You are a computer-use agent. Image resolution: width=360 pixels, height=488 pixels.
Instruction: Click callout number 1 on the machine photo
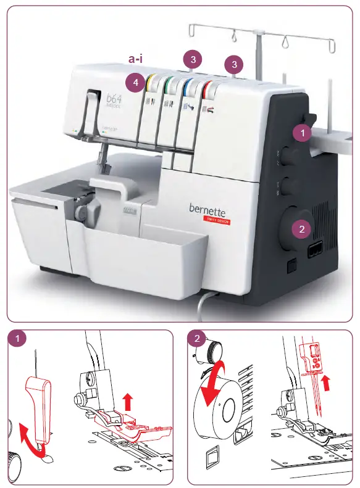click(x=302, y=132)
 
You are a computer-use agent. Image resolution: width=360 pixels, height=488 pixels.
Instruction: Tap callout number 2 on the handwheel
click(x=301, y=229)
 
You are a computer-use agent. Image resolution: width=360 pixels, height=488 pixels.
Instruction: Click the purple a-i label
click(x=137, y=59)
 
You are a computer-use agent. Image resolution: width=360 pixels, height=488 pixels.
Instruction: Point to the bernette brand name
click(x=209, y=210)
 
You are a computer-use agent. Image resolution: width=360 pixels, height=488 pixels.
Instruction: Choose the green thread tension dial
click(x=170, y=83)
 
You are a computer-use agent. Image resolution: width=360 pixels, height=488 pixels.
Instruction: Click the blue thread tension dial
click(x=189, y=85)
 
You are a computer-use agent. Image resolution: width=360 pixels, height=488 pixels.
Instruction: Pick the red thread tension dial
click(x=209, y=86)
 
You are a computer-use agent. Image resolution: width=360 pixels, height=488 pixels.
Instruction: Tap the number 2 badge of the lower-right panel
click(x=197, y=339)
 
